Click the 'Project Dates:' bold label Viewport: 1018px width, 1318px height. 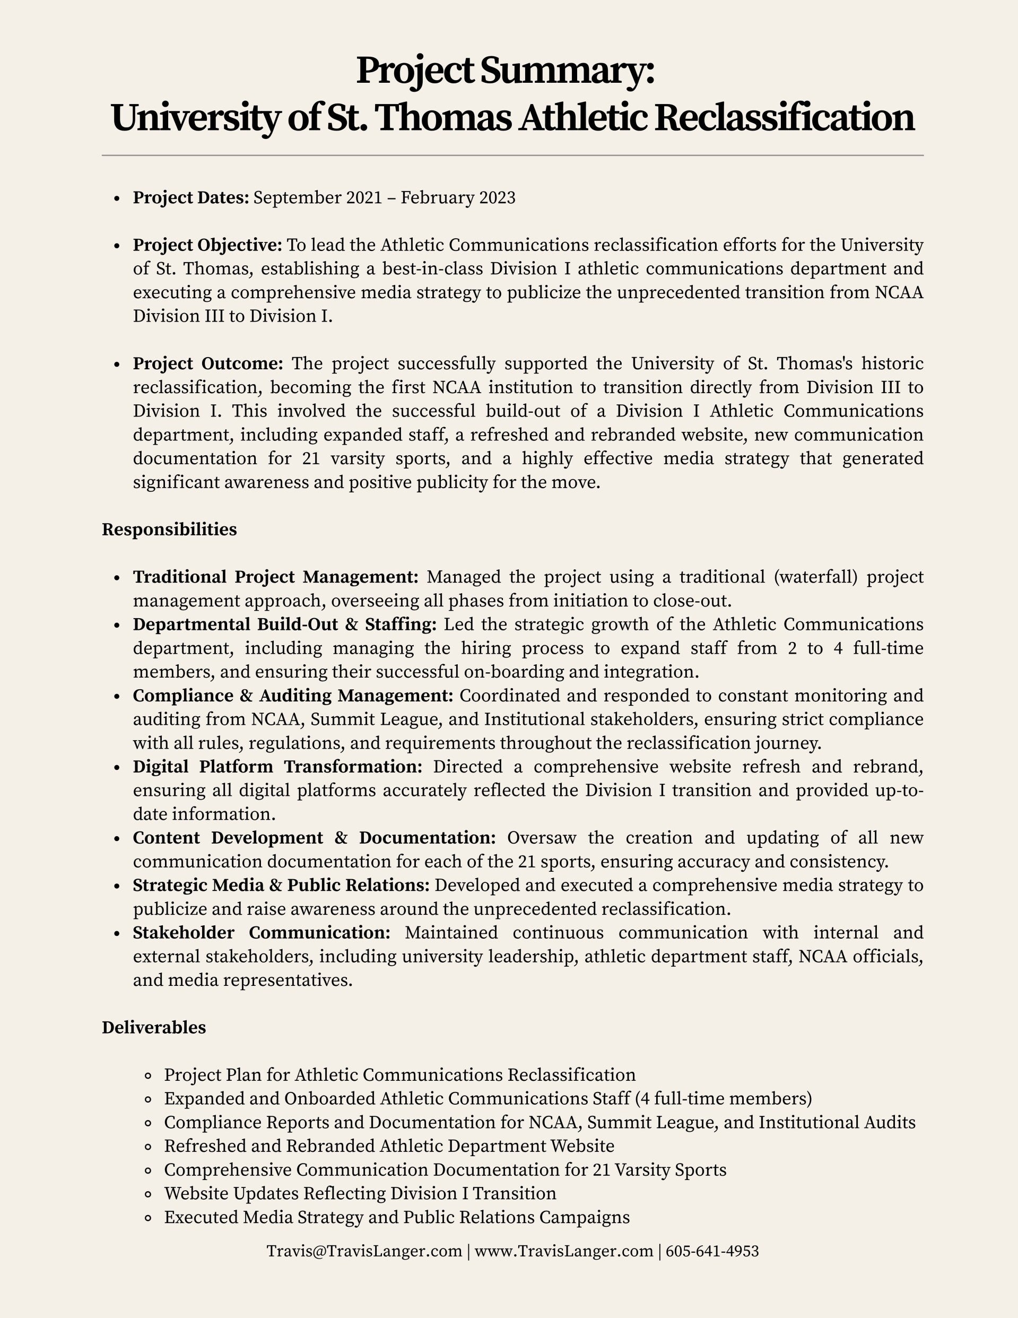(190, 198)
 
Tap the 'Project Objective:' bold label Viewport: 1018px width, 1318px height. (207, 245)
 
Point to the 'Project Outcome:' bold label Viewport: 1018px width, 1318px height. (207, 364)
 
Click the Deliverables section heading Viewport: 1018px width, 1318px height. (153, 1028)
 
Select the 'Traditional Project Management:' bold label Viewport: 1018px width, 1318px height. (275, 577)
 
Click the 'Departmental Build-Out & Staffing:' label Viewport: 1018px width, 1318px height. (284, 624)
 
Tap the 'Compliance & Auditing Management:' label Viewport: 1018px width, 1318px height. (293, 696)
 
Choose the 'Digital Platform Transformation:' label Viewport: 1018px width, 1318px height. (277, 766)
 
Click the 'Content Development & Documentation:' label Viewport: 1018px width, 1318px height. (314, 838)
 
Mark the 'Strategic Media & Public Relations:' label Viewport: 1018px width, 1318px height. (281, 886)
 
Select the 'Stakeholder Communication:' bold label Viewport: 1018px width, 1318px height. (262, 932)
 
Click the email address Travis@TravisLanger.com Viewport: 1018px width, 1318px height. (364, 1251)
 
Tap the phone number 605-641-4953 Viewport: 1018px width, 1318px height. (712, 1251)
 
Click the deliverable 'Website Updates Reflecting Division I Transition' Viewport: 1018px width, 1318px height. (360, 1193)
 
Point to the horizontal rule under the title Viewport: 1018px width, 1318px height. (512, 155)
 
